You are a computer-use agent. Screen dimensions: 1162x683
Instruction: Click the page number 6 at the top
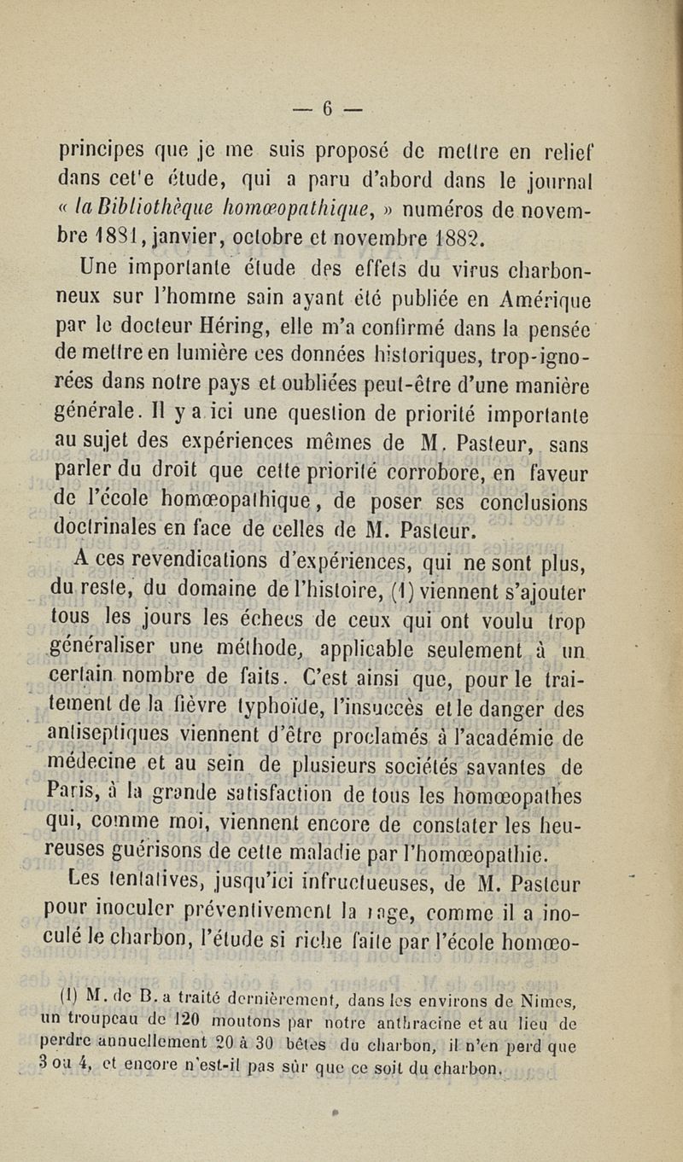(x=328, y=107)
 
